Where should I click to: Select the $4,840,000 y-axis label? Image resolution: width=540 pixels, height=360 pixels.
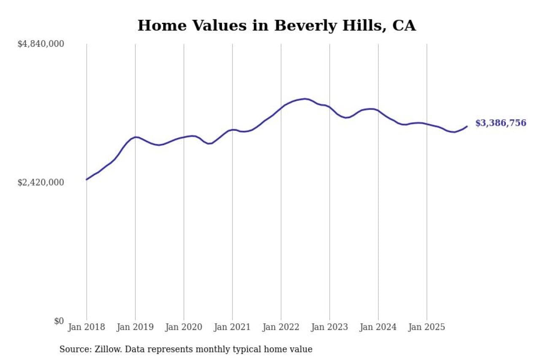tap(40, 44)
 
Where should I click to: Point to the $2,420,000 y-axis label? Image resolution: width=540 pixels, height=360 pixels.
tap(40, 182)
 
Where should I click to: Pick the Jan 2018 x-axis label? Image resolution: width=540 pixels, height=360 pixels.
tap(86, 327)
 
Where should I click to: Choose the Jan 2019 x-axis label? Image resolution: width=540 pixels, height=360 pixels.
tap(135, 327)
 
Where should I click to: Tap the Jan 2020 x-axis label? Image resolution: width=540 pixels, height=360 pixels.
tap(184, 327)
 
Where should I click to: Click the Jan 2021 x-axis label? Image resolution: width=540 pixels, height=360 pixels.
tap(232, 327)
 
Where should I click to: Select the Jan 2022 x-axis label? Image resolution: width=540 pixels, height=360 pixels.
tap(281, 327)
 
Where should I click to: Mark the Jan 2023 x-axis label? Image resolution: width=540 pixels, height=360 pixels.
tap(329, 327)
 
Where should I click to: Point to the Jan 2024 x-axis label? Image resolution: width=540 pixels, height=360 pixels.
tap(378, 327)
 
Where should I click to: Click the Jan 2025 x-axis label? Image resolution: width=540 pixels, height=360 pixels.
tap(427, 327)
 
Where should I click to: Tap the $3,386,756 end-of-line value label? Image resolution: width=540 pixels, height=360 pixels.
tap(501, 123)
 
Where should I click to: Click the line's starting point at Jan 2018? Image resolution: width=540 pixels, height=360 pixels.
tap(86, 179)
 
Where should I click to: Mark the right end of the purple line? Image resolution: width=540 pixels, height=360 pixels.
tap(467, 126)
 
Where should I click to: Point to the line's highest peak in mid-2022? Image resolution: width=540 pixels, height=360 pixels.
tap(305, 99)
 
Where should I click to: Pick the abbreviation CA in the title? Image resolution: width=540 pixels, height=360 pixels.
tap(404, 26)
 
